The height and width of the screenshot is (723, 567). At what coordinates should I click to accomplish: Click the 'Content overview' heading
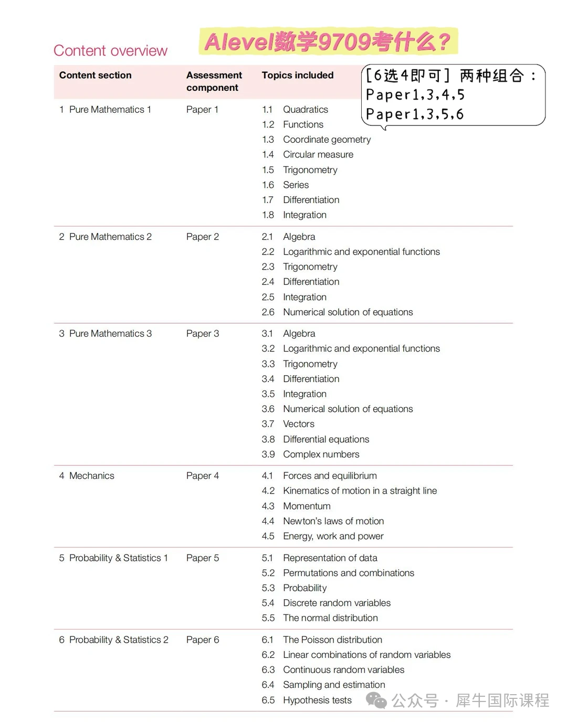click(110, 50)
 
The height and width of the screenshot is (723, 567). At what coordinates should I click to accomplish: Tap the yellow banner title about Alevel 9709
click(328, 41)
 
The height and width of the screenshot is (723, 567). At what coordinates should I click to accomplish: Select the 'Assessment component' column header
click(214, 81)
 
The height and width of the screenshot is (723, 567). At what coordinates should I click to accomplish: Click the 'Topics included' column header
click(297, 75)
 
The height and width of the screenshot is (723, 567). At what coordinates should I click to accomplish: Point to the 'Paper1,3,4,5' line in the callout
click(415, 95)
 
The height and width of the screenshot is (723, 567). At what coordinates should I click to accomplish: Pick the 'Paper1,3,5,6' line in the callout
click(415, 114)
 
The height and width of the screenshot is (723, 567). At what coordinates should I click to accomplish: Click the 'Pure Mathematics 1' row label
click(110, 109)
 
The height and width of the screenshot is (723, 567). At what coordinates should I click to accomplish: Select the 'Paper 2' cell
click(202, 237)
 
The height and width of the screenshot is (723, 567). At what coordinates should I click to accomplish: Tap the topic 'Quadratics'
click(305, 109)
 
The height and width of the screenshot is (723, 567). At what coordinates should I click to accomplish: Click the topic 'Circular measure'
click(318, 154)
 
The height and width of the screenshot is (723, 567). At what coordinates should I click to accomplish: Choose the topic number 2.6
click(268, 312)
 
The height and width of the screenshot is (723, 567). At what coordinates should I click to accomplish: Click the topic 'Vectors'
click(298, 424)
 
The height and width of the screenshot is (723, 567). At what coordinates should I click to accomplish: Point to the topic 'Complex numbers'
click(321, 454)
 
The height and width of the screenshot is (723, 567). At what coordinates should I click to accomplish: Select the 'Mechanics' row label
click(91, 475)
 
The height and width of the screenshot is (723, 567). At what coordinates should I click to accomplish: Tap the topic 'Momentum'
click(307, 506)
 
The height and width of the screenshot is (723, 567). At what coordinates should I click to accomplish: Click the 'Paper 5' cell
click(202, 558)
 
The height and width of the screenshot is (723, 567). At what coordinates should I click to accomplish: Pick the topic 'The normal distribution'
click(330, 618)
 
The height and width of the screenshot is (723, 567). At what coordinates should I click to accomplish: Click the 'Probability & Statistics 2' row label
click(119, 640)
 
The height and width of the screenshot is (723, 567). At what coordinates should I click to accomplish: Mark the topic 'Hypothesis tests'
click(317, 700)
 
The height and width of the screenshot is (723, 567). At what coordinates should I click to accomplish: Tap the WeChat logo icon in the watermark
click(376, 700)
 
